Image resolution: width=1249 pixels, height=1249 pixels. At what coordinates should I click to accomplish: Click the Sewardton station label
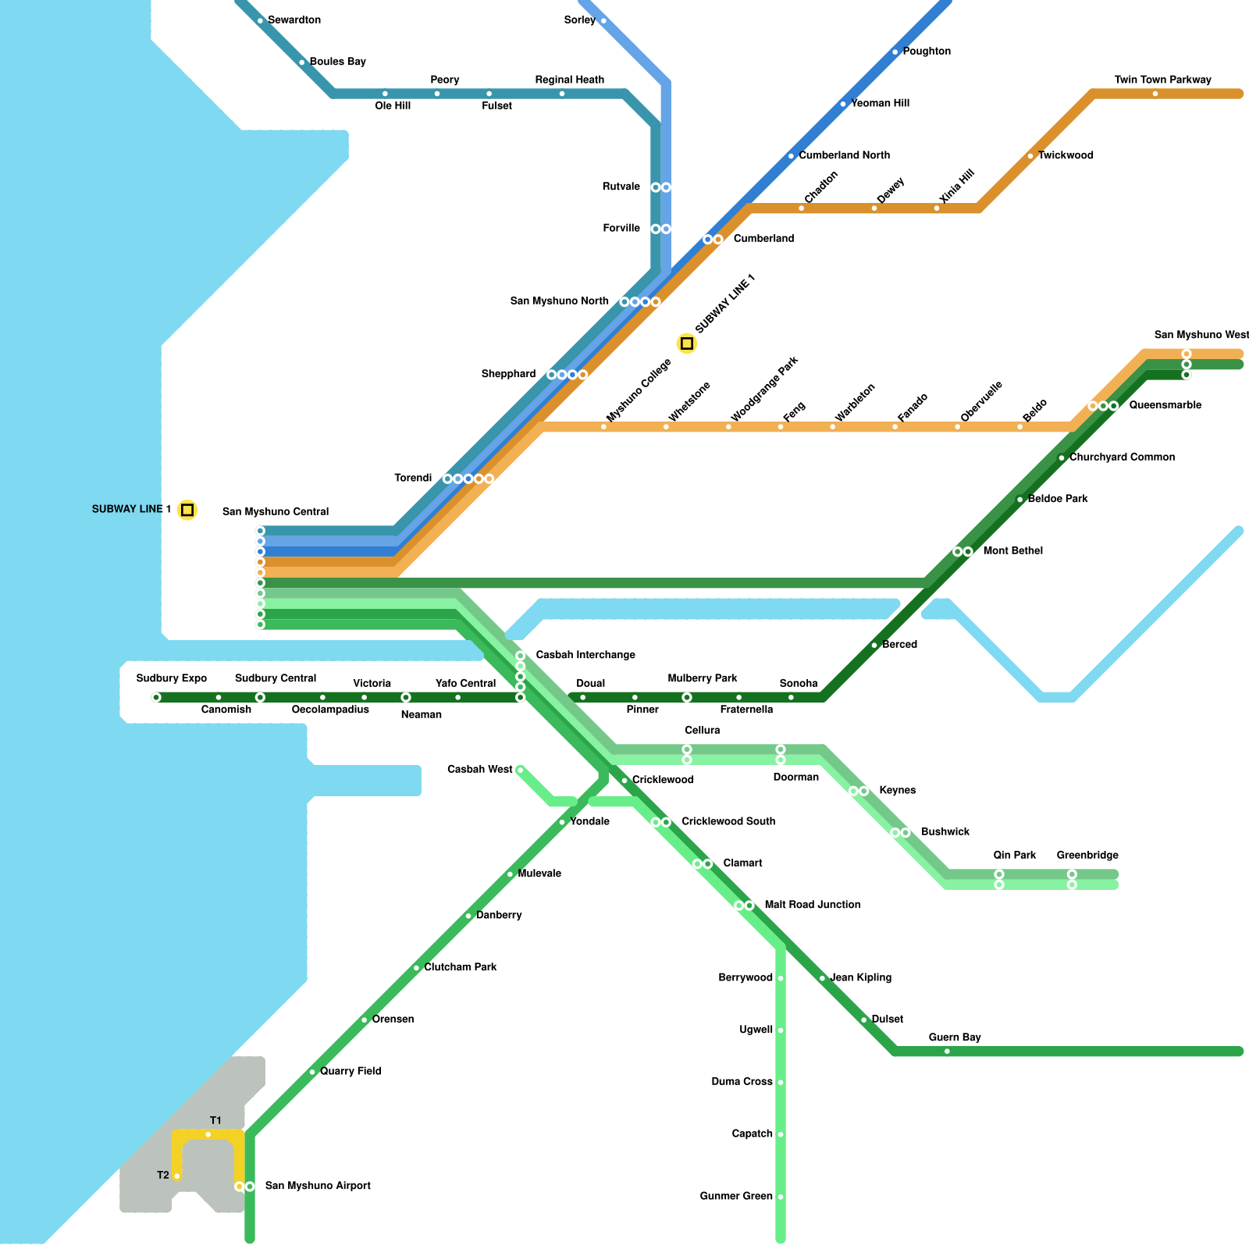point(294,20)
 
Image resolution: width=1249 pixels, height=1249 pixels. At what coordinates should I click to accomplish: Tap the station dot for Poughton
point(895,52)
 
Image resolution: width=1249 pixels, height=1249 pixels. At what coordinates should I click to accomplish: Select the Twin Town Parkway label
point(1162,80)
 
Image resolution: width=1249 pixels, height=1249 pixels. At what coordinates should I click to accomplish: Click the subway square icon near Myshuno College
point(687,343)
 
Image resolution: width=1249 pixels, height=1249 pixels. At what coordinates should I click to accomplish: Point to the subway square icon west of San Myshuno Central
point(187,510)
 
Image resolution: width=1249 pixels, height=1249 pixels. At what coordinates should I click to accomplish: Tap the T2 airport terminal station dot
point(177,1176)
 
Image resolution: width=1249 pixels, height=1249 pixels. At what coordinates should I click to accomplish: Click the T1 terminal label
point(215,1121)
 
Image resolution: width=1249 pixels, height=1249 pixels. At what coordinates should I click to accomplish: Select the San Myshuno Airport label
point(318,1186)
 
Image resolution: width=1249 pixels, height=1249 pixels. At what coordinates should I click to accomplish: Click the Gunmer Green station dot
point(781,1197)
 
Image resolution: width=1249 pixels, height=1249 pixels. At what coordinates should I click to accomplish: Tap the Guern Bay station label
point(955,1037)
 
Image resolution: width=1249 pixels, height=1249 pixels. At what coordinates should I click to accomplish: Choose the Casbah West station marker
point(521,770)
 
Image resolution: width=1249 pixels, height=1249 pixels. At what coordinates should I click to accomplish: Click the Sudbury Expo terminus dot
point(156,698)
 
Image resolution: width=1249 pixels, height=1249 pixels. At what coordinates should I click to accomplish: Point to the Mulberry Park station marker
point(687,698)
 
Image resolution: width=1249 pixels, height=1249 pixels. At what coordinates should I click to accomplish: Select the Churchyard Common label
point(1122,457)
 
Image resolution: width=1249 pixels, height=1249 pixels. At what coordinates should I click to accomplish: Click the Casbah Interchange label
point(585,655)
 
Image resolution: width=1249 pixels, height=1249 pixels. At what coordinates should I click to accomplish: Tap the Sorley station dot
point(603,21)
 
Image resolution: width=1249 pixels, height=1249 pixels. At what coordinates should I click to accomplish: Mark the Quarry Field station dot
point(312,1073)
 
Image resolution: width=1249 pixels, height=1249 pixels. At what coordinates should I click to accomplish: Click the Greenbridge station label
point(1087,856)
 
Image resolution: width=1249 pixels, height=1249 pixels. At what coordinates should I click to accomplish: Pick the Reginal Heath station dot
point(562,94)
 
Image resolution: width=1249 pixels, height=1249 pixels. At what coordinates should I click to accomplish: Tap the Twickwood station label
point(1066,155)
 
